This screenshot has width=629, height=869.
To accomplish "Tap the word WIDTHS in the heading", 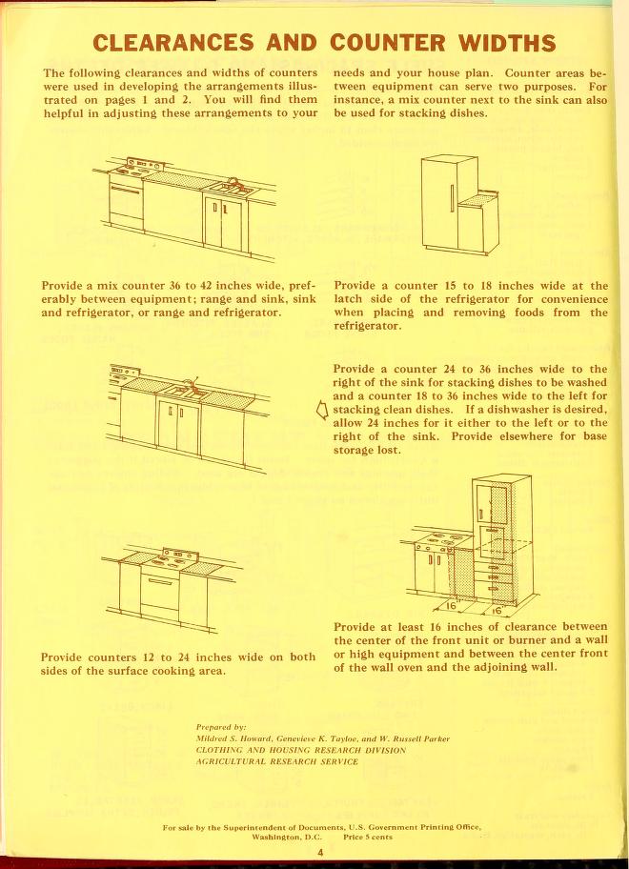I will [x=506, y=43].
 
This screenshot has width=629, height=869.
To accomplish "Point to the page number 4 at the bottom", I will [x=321, y=853].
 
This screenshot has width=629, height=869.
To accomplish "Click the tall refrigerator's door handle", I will [x=451, y=200].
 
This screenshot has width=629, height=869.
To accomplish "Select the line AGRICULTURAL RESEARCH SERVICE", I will [x=276, y=761].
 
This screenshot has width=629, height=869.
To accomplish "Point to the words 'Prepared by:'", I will [x=221, y=727].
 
